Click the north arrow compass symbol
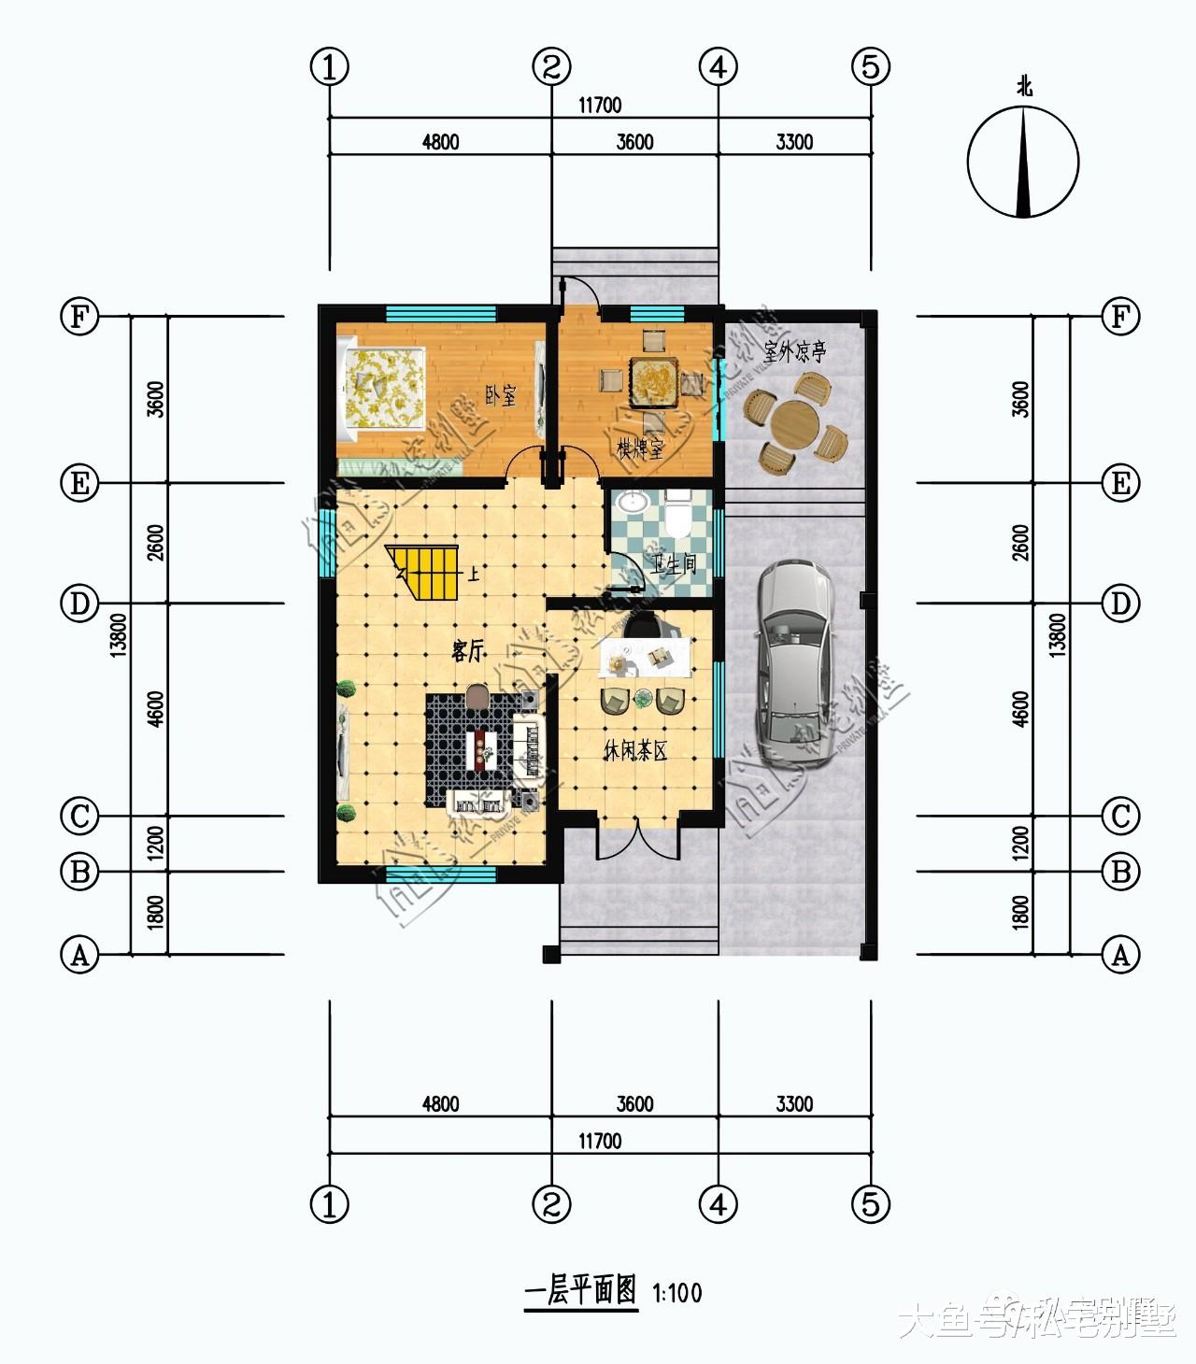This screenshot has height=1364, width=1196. pos(1024,162)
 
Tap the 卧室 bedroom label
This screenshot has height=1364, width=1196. pos(501,395)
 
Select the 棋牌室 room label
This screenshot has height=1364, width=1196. pos(639,449)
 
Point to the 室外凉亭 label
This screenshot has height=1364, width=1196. pos(794,352)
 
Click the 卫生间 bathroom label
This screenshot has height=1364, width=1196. pos(674,564)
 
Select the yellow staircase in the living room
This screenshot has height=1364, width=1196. pos(427,574)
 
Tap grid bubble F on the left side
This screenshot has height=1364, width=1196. pos(79,317)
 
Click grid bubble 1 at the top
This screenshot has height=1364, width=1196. pos(329,66)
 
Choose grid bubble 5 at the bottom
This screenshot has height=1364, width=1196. pos(870,1204)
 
